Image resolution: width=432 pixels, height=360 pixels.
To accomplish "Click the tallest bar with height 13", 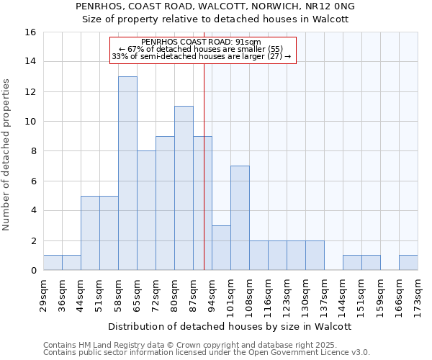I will (127, 174).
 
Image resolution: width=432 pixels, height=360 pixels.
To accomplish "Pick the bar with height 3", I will (221, 248).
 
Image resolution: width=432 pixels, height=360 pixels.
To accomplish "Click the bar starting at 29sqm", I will (53, 263).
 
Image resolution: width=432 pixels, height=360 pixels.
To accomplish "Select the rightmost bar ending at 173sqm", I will (408, 263).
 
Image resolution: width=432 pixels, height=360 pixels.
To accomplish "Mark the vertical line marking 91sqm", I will (204, 180).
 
